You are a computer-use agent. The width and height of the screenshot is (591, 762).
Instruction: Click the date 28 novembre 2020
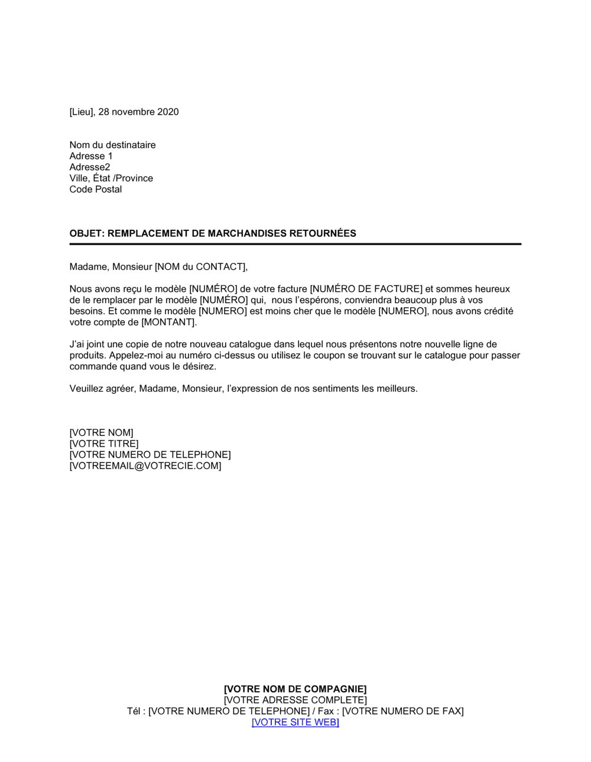coord(138,112)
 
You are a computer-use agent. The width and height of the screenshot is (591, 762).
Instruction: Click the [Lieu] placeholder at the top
coord(82,112)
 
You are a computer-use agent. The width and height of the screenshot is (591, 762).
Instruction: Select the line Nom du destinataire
coord(112,145)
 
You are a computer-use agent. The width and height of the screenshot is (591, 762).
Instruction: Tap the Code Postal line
coord(95,190)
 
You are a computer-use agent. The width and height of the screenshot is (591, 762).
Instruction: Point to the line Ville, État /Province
coord(111,178)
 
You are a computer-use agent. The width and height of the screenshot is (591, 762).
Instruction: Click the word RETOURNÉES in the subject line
coord(322,233)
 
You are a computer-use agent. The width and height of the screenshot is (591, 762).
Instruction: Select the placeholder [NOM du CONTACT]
coord(200,267)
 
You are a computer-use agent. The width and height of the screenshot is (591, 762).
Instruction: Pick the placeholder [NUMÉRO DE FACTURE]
coord(366,289)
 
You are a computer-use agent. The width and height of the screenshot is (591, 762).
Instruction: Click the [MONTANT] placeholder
coord(168,323)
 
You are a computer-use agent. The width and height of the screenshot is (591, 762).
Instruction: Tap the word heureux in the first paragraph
coord(491,289)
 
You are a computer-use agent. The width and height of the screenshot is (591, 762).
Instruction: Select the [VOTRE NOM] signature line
coord(101,433)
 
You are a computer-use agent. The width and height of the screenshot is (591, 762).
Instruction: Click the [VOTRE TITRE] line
coord(104,444)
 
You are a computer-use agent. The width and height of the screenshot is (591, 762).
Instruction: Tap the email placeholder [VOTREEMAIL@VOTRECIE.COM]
coord(145,466)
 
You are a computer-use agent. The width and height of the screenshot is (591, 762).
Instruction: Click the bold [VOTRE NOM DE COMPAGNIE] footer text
coord(295,689)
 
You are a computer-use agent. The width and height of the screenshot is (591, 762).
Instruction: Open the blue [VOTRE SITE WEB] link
coord(295,722)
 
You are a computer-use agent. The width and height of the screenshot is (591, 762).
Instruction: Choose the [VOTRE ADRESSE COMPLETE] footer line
coord(295,701)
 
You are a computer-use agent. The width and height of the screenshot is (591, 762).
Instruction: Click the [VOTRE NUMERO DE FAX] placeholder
coord(402,711)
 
